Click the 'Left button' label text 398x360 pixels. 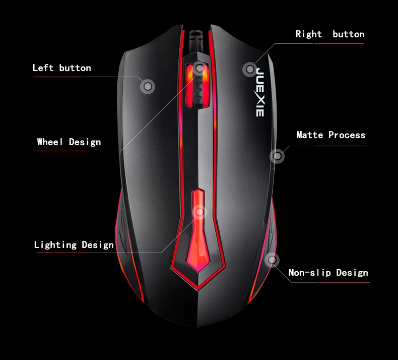pos(61,68)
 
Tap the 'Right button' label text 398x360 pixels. pos(329,34)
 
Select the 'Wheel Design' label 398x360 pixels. pos(69,142)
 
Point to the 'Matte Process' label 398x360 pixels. pos(330,135)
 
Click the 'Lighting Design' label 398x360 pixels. pos(74,245)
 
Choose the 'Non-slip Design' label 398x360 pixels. pos(328,273)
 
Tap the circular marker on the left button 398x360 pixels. pos(147,87)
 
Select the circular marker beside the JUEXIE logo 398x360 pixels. pos(249,69)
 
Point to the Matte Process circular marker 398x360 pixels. pos(277,156)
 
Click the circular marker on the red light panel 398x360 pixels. pos(200,212)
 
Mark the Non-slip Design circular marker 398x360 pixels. pos(272,260)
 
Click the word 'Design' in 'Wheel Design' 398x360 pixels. pos(85,142)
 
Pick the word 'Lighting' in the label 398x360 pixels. pos(55,245)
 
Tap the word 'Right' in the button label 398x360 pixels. pos(308,34)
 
